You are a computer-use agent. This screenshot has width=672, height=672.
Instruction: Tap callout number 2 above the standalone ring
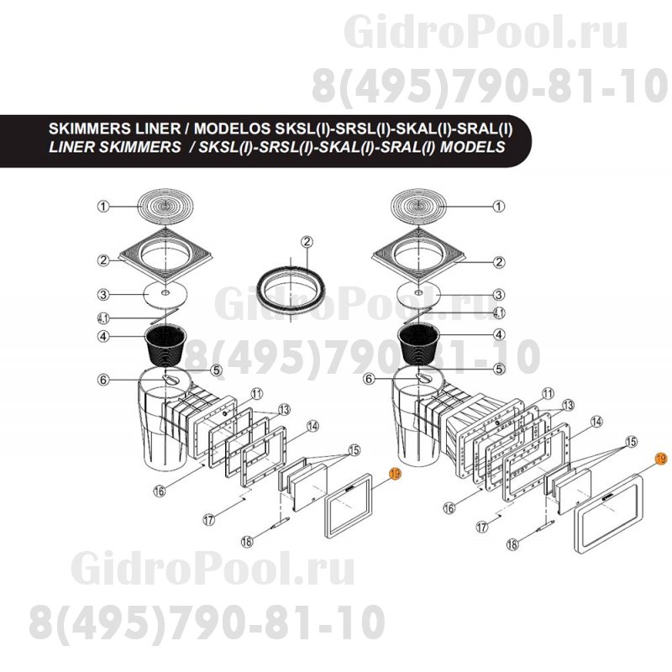307,242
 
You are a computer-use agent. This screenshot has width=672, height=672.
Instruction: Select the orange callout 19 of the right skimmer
659,459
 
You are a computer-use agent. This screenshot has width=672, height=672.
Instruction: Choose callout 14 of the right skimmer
597,421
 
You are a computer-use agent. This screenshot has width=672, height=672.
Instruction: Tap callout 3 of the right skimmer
498,295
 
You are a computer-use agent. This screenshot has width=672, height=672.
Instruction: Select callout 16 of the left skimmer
181,491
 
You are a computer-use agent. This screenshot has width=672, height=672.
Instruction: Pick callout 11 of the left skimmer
256,392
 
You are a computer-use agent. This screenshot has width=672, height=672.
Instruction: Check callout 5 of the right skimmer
498,368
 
